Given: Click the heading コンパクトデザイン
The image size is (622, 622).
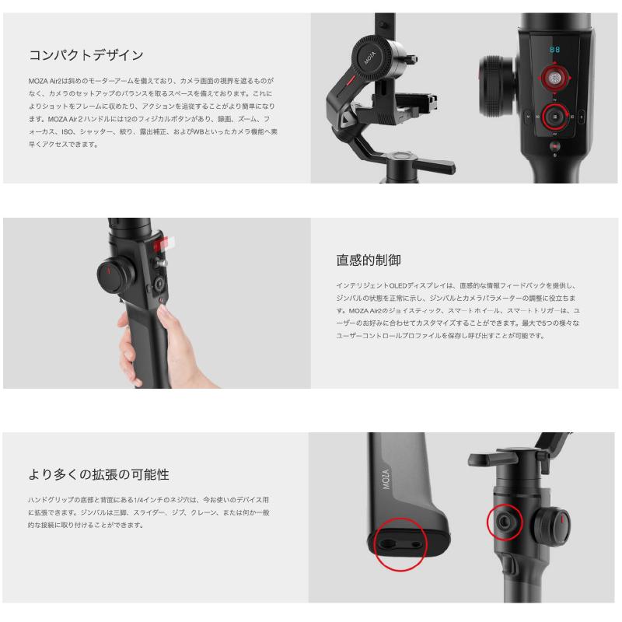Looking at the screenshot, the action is click(x=86, y=54).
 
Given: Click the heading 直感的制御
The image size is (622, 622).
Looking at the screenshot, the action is click(x=369, y=260).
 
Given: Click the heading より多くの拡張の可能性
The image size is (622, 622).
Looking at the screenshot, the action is click(x=99, y=474).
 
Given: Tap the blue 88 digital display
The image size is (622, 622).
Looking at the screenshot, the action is click(x=554, y=50).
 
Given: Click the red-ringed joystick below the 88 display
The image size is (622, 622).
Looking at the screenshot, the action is click(x=554, y=79).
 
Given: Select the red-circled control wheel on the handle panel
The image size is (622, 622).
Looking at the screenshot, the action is click(x=554, y=117).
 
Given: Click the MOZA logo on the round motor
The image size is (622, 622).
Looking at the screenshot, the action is click(x=370, y=58).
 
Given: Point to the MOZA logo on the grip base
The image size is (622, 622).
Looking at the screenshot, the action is click(x=386, y=479).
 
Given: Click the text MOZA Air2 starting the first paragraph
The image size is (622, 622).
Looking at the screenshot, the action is click(x=45, y=81).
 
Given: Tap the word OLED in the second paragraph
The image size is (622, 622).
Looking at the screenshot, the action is click(x=398, y=285).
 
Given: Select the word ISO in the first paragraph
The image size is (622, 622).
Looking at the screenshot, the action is click(x=67, y=131).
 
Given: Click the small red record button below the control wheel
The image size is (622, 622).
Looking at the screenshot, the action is click(x=554, y=146).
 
